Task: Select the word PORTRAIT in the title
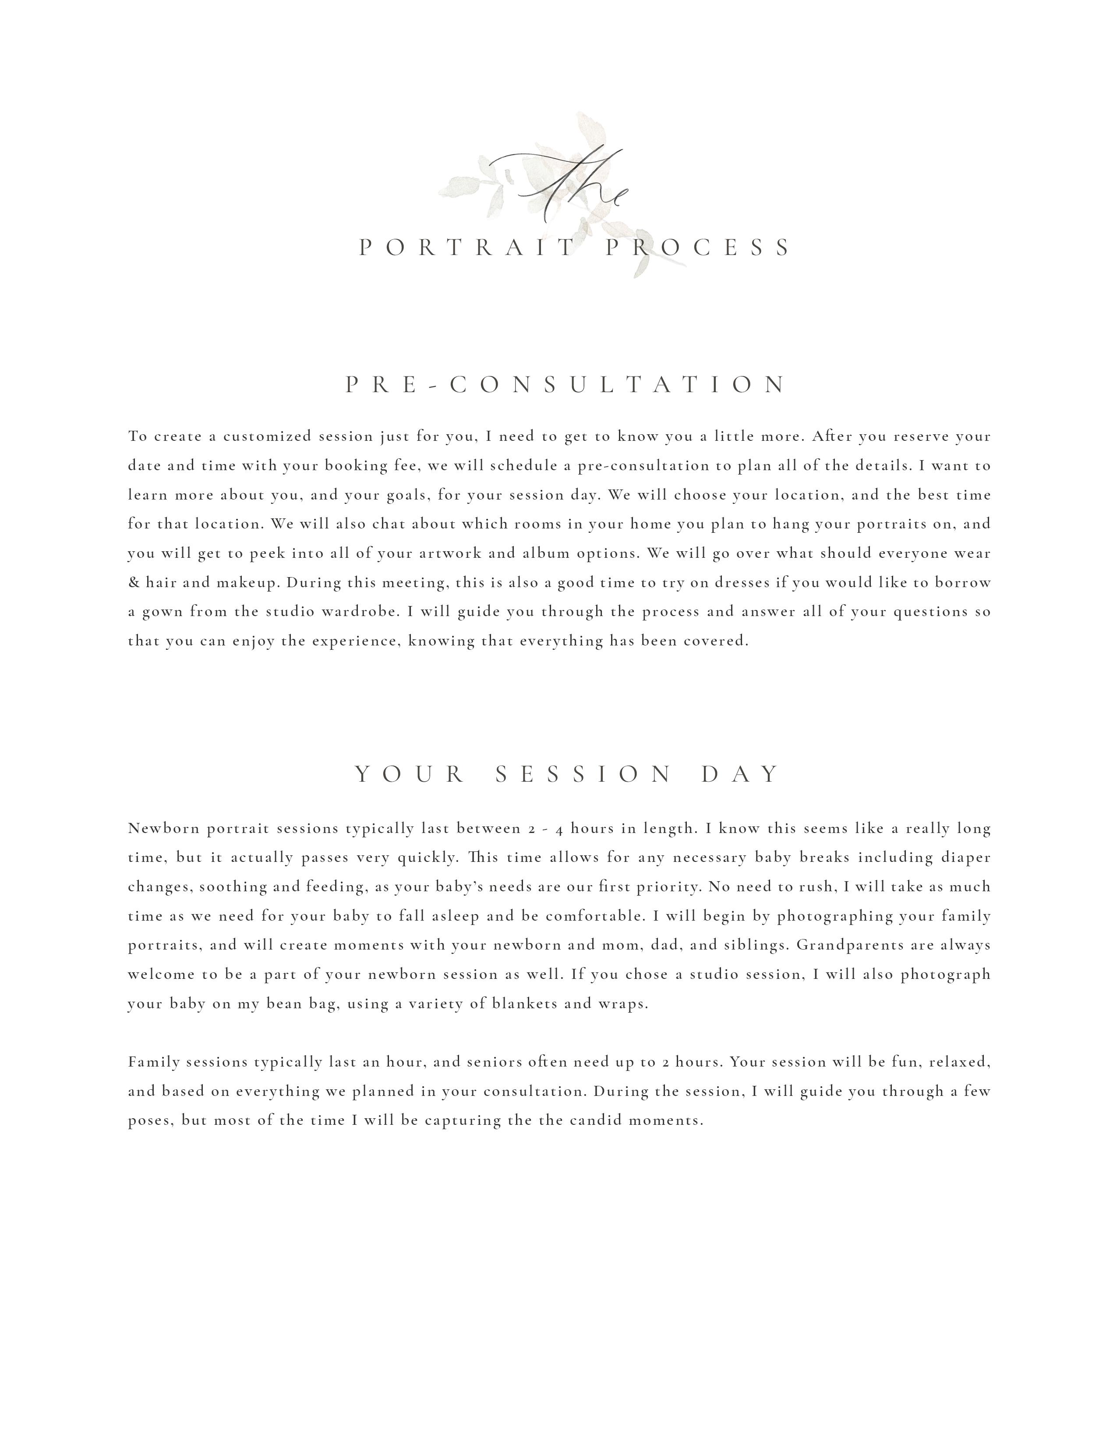(467, 248)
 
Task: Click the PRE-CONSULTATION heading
(566, 385)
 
